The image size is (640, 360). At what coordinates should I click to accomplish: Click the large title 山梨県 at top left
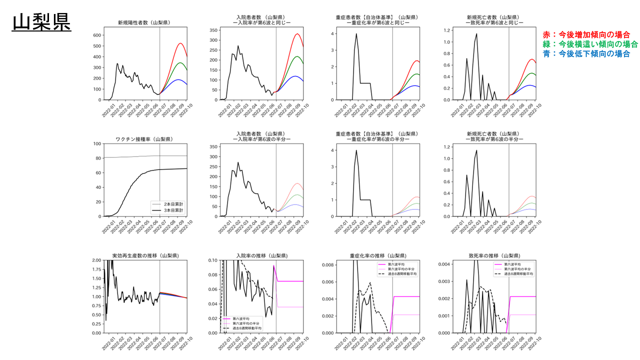point(41,22)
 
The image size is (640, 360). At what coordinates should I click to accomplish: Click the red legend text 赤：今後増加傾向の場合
point(586,34)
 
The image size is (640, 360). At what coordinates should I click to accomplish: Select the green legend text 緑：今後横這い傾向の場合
point(590,44)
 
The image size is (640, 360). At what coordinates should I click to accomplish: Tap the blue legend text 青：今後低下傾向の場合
point(586,53)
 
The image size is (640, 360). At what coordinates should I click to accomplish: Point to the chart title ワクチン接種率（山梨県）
point(145,139)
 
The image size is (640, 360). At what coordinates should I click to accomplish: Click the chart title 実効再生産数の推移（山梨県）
point(145,255)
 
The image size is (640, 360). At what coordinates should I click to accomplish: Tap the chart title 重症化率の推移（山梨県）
point(377,255)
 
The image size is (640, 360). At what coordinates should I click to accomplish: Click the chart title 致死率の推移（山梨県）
point(494,255)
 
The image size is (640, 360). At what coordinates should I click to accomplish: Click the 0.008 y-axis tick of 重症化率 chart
point(326,264)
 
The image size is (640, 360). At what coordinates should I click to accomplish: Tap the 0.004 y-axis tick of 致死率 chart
point(443,263)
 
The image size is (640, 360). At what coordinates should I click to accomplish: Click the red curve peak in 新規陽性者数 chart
point(180,43)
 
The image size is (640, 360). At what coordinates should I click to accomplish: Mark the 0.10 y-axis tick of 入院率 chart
point(212,260)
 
